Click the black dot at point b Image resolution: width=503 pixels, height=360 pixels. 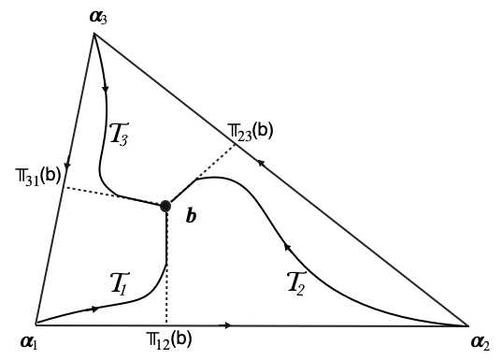coord(165,206)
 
